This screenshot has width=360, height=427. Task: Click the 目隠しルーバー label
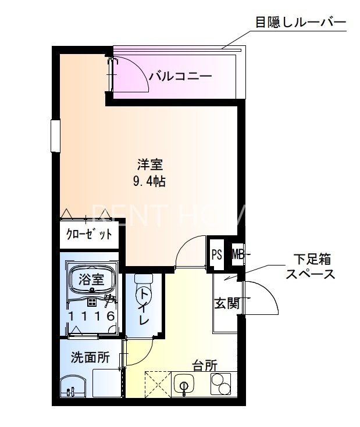(300, 23)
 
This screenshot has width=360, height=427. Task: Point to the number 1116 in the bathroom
(91, 317)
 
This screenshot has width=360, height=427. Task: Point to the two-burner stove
(220, 385)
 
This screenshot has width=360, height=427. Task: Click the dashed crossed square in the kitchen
(155, 385)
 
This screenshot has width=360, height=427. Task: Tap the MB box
(238, 254)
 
